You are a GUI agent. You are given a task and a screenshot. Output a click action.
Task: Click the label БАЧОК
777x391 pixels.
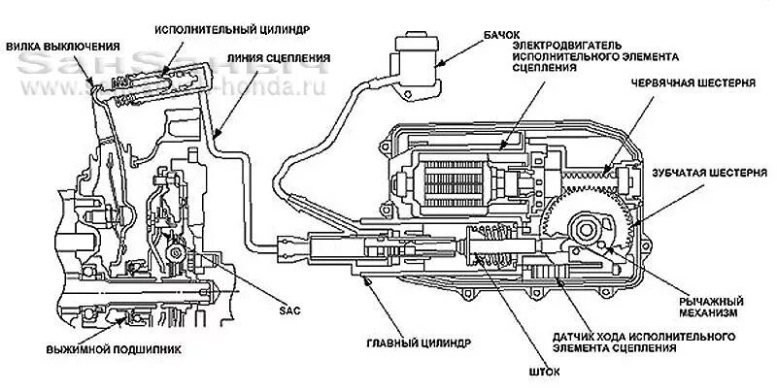coord(503,33)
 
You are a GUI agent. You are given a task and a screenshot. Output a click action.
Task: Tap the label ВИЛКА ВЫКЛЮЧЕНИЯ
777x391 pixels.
coord(63,46)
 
